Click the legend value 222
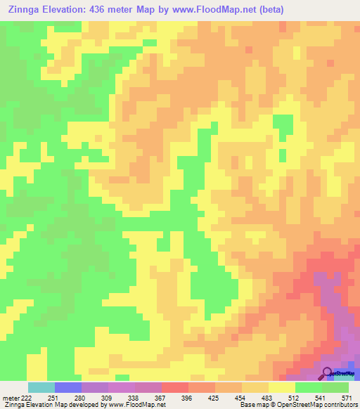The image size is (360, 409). point(26,397)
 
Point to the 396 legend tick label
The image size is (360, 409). point(186,397)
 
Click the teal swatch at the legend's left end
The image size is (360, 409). point(41,387)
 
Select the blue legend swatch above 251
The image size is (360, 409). point(67,387)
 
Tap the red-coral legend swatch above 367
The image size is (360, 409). point(174,387)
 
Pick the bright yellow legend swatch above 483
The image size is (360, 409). point(281,387)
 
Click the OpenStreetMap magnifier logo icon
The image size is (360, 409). point(328,373)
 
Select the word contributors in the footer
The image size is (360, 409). point(338,405)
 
